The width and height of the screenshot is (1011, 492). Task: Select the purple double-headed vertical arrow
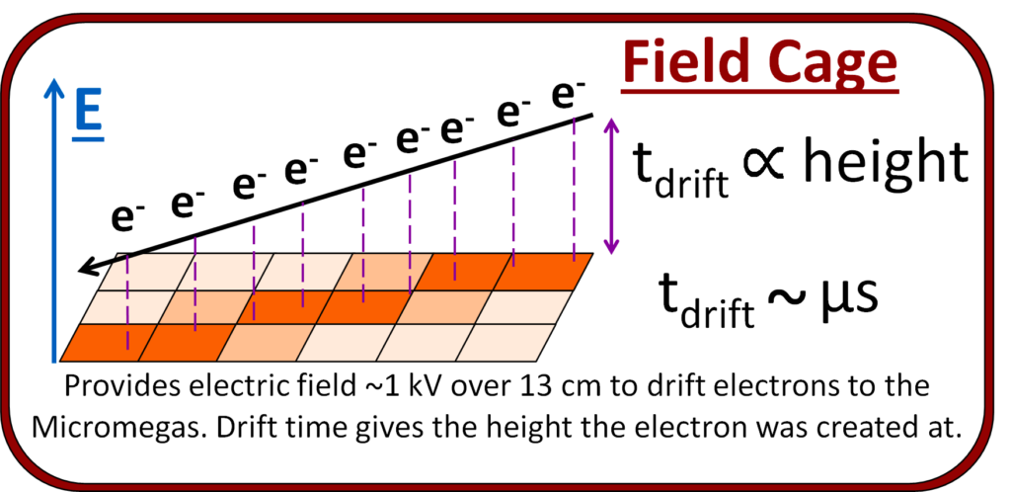(611, 186)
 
